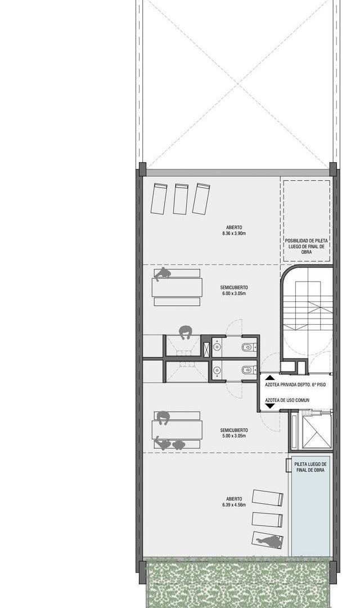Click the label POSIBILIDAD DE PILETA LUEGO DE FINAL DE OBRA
(306, 246)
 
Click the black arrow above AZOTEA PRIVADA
(269, 377)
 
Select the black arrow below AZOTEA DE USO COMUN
(269, 406)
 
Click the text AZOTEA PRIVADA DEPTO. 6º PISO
(295, 386)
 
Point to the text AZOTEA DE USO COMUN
(287, 400)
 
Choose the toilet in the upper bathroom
(249, 347)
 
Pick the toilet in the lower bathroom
(249, 370)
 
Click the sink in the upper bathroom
(217, 347)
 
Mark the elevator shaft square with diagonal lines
(317, 431)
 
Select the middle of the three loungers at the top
(181, 199)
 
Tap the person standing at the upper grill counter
(186, 333)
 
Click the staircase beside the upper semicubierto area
(308, 306)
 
